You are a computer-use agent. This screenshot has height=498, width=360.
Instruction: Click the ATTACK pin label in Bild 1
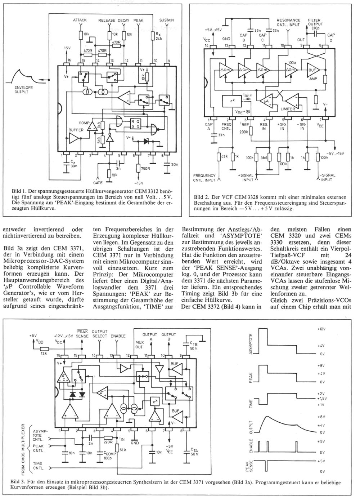pos(80,20)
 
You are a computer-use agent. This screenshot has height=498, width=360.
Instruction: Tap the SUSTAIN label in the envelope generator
pos(167,20)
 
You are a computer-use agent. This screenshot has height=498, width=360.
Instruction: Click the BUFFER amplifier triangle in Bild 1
pos(74,138)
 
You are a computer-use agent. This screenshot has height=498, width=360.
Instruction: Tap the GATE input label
pos(98,183)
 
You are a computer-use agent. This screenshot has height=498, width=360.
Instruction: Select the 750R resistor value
pos(145,169)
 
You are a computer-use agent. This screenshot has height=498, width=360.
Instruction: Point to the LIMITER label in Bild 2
pos(288,109)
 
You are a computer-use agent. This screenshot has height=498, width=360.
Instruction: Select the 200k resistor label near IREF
pos(244,132)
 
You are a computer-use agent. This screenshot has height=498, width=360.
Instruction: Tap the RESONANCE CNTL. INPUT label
pos(288,22)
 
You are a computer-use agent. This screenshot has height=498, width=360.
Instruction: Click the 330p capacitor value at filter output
pos(315,28)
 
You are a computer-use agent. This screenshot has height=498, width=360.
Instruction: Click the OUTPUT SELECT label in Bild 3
pos(100,334)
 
